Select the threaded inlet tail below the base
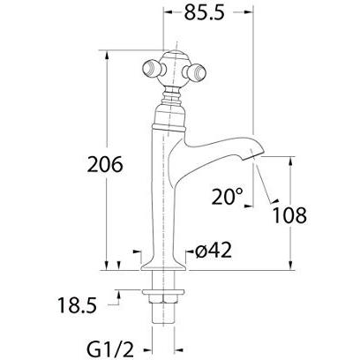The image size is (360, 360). click(x=166, y=304)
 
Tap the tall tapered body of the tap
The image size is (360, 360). click(x=166, y=194)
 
